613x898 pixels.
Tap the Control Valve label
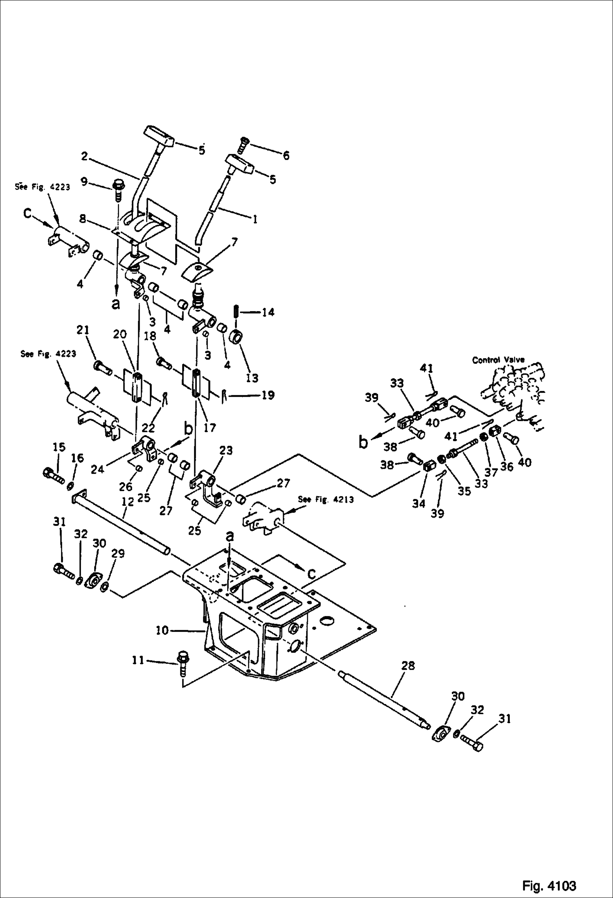[498, 360]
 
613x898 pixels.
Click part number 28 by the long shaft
[408, 666]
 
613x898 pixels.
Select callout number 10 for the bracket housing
[162, 630]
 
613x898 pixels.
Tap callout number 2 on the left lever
[84, 156]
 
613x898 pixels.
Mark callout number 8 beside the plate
[83, 219]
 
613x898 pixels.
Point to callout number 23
[225, 451]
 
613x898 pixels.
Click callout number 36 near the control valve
[507, 466]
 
